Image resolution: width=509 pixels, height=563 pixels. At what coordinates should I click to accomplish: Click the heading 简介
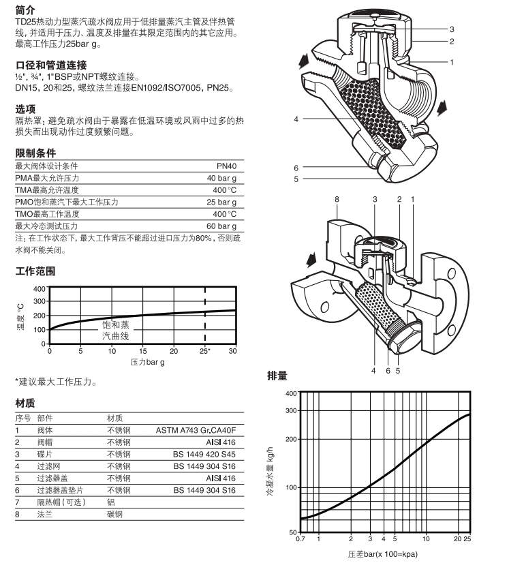pyautogui.click(x=25, y=10)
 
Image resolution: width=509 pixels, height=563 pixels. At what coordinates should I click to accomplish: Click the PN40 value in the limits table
pyautogui.click(x=226, y=166)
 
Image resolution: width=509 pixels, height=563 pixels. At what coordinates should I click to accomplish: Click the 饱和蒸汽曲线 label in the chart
pyautogui.click(x=115, y=331)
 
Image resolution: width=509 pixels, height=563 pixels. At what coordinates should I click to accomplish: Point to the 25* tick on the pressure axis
pyautogui.click(x=204, y=351)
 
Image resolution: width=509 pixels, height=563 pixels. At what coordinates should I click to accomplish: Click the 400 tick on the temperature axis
pyautogui.click(x=38, y=289)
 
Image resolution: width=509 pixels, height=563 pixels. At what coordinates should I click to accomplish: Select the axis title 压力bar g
pyautogui.click(x=148, y=362)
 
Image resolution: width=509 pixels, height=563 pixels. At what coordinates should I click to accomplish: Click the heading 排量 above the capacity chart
pyautogui.click(x=277, y=376)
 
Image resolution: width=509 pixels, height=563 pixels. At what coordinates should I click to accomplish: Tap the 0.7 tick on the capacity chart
pyautogui.click(x=300, y=539)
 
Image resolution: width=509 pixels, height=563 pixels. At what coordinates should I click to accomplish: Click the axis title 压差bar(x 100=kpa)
pyautogui.click(x=382, y=553)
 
